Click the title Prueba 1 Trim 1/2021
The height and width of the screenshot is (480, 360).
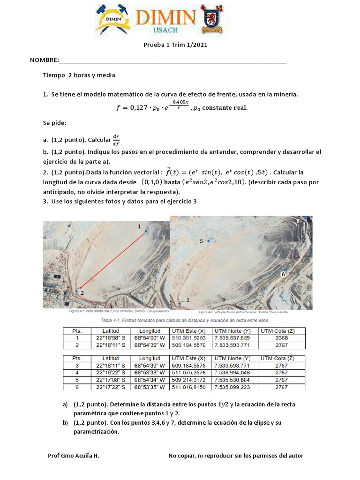point(174,45)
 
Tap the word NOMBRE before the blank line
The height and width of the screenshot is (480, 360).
point(44,60)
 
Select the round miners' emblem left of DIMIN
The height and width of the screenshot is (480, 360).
point(114,19)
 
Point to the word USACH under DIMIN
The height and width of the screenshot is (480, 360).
point(165,30)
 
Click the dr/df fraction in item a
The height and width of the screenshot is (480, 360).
point(116,139)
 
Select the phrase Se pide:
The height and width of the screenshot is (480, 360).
point(55,122)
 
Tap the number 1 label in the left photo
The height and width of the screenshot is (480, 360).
point(139,226)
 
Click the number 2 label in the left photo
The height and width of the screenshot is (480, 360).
point(82,293)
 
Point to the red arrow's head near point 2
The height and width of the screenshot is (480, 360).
point(80,289)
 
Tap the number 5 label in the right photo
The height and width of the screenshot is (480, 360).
point(201,241)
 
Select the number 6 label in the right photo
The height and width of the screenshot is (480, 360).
point(283,273)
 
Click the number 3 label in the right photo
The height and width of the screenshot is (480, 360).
point(187,300)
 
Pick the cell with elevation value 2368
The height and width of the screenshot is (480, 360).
point(281,337)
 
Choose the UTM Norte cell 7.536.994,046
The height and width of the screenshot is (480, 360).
point(232,373)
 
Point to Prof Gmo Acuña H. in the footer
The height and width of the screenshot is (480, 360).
point(73,456)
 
